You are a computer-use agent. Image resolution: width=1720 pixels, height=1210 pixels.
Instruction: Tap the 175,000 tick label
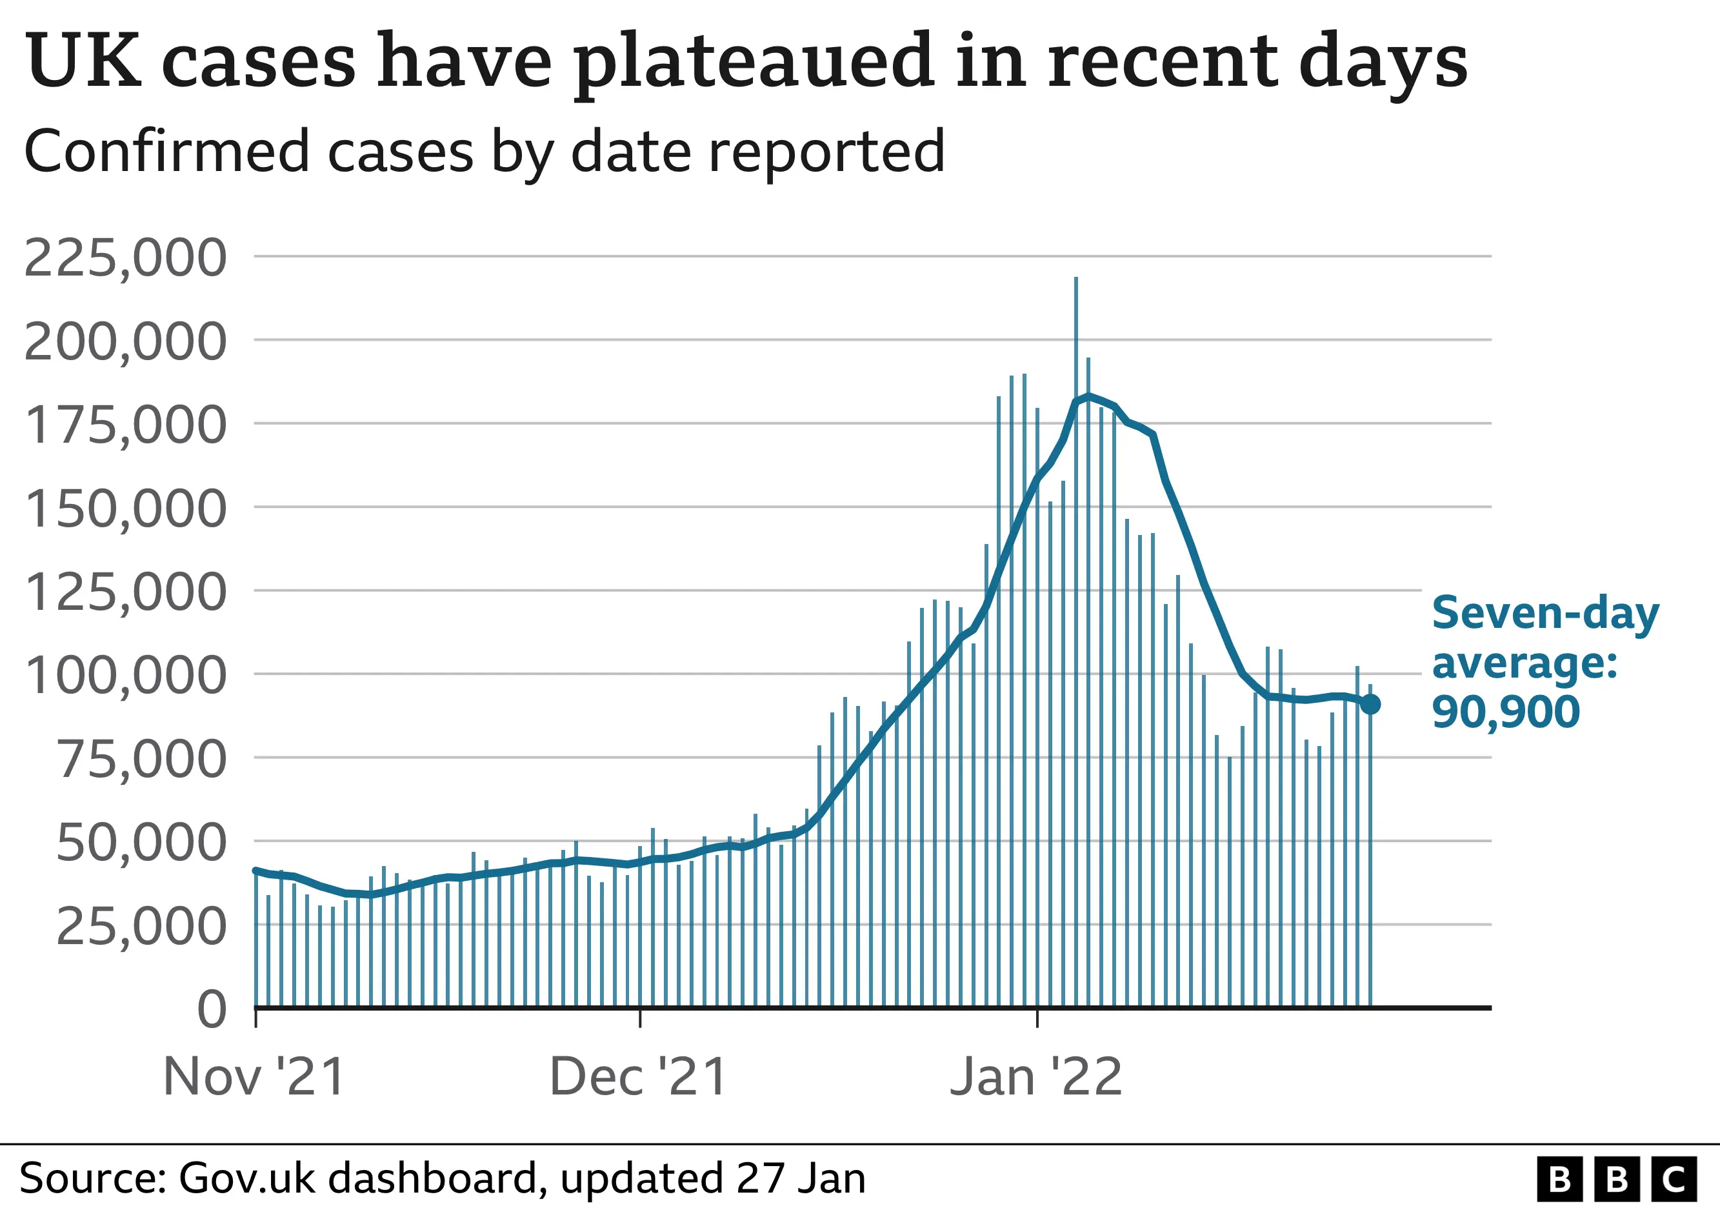[x=125, y=425]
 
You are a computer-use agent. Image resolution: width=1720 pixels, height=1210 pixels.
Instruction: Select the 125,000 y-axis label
[x=125, y=592]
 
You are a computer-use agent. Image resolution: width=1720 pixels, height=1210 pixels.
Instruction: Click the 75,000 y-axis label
[x=140, y=760]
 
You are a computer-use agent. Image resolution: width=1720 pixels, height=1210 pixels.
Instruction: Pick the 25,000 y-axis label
[x=140, y=927]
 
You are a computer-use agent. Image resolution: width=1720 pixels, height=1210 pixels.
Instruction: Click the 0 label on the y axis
[x=211, y=1010]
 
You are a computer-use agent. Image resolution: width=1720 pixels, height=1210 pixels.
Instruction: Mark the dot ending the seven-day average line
[x=1370, y=704]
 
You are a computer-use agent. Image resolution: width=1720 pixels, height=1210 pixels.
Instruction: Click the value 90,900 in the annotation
[x=1505, y=712]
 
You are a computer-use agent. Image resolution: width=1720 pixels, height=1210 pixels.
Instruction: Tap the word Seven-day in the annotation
[x=1545, y=614]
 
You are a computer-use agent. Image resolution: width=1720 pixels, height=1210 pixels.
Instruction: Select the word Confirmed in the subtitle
[x=166, y=152]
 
